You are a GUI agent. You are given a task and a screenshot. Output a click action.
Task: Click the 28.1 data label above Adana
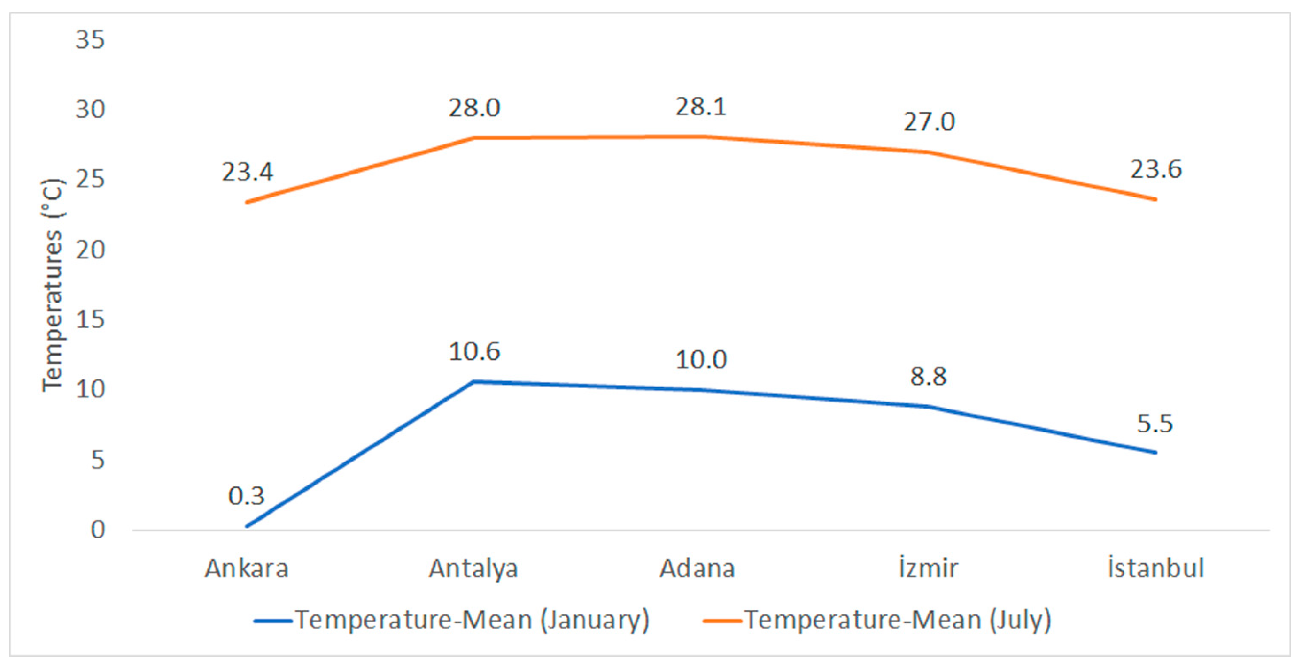point(701,106)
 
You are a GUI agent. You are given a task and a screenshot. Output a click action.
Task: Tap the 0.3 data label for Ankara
point(247,496)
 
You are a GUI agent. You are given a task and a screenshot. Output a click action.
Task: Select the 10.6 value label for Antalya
point(474,351)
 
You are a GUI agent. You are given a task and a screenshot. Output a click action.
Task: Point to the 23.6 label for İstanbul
point(1156,169)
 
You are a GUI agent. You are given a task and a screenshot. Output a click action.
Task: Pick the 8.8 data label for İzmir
point(929,376)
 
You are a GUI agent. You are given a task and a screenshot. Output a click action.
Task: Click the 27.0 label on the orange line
point(929,121)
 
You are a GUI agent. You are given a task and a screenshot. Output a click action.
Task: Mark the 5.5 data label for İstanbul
point(1155,423)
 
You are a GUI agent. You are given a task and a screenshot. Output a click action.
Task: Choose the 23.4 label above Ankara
point(247,172)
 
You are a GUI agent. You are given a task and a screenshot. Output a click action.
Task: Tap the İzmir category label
point(929,567)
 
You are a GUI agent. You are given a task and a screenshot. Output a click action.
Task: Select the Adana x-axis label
point(697,568)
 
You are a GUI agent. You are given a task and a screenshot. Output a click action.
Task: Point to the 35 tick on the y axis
point(91,39)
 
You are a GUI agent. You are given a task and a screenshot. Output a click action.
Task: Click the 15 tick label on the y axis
point(91,319)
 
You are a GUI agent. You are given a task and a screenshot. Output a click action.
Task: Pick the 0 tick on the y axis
point(98,530)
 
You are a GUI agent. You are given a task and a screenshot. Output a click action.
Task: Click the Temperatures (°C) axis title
point(53,285)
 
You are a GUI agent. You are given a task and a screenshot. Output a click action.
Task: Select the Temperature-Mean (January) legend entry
point(451,620)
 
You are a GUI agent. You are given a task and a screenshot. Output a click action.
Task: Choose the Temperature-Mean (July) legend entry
point(877,620)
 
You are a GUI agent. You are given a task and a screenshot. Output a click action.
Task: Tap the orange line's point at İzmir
point(929,152)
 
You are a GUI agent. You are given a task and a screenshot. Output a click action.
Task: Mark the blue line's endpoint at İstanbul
point(1155,453)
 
